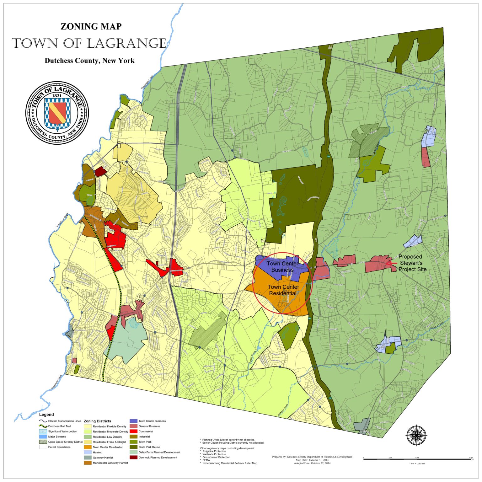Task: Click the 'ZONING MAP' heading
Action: tap(91, 26)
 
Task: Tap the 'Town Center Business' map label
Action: tap(282, 267)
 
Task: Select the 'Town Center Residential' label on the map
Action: tap(283, 290)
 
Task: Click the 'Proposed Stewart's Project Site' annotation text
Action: tap(412, 263)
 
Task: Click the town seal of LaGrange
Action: tap(57, 113)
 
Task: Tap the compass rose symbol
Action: tap(416, 435)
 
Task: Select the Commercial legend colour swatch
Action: tap(133, 431)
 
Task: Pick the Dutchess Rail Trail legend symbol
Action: tap(43, 426)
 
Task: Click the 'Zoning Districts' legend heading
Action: tap(97, 421)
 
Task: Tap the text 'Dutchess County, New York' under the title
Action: tap(89, 61)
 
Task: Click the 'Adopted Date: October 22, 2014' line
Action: tap(312, 463)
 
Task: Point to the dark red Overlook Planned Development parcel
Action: tap(100, 171)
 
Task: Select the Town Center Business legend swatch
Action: tap(133, 421)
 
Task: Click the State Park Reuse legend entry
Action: tap(149, 447)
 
